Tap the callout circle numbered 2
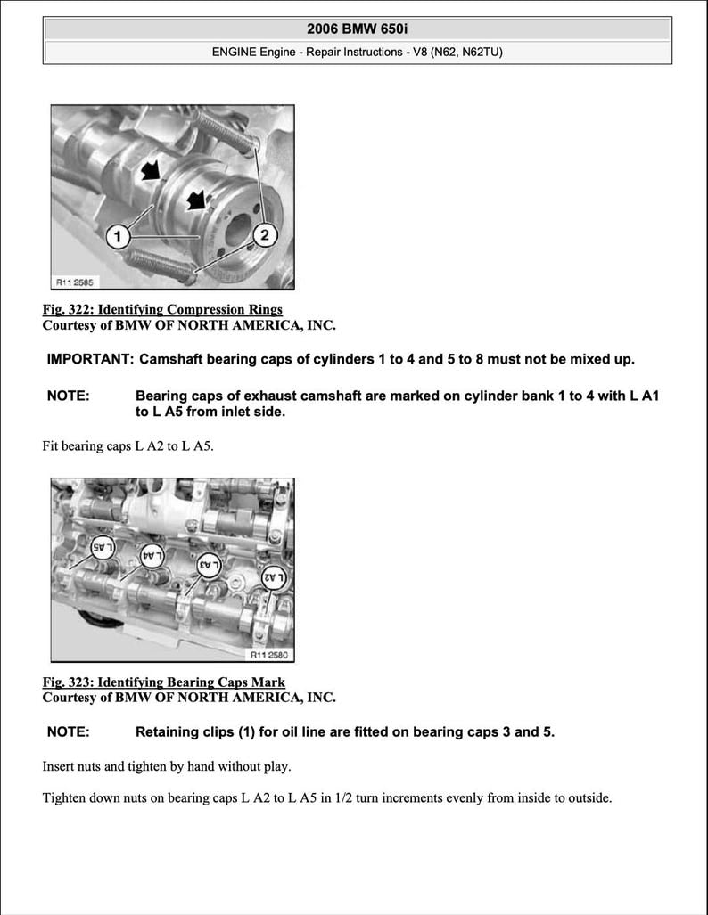click(264, 235)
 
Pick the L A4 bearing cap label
click(152, 555)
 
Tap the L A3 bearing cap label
click(209, 564)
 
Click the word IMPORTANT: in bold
click(90, 360)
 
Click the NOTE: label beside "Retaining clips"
click(68, 732)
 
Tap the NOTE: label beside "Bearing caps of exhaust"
click(68, 396)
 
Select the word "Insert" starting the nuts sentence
click(60, 766)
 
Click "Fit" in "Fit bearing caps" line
click(52, 445)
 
